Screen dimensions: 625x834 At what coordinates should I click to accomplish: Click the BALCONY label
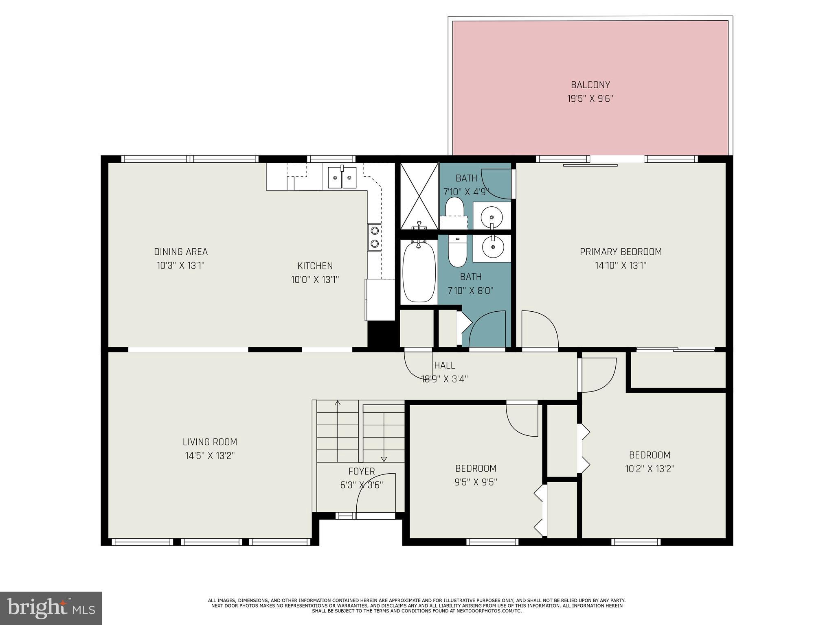coord(590,85)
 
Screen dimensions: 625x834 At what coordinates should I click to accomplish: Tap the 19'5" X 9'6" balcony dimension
coord(590,99)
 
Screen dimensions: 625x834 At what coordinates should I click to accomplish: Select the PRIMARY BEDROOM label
coord(621,252)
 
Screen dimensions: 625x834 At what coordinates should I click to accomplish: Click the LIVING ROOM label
coord(210,442)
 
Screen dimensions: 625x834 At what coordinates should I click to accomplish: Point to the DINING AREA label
coord(181,252)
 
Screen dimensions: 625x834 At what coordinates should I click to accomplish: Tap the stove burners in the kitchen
coord(375,237)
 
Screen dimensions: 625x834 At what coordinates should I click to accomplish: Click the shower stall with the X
coord(419,196)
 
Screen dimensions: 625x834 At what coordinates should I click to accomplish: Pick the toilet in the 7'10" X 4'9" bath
coord(454,207)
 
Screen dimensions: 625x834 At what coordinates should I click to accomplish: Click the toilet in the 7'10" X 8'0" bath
coord(457,252)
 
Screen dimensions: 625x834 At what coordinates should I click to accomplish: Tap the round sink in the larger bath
coord(493,247)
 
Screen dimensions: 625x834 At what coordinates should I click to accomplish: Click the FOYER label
coord(362,472)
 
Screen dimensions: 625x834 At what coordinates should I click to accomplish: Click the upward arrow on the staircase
coord(338,403)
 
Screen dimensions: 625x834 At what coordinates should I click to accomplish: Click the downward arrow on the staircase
coord(384,459)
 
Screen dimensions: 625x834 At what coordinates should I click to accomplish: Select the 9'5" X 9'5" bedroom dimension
coord(476,482)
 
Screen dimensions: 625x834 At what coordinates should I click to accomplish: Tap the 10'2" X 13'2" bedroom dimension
coord(650,469)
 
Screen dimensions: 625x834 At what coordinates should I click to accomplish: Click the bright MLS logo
coord(51,608)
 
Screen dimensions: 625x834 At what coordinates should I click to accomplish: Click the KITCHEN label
coord(315,266)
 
